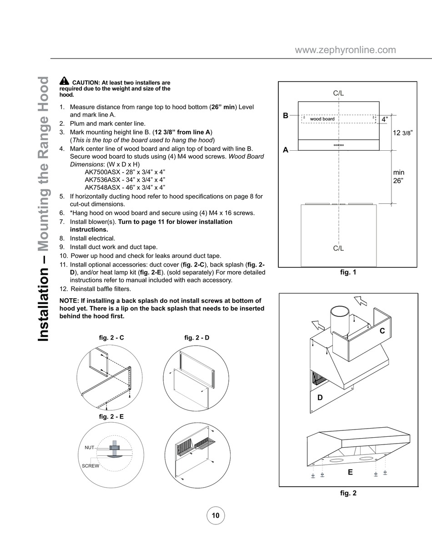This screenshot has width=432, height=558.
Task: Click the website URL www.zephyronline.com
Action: click(x=345, y=50)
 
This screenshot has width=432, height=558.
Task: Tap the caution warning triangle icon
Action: click(x=64, y=81)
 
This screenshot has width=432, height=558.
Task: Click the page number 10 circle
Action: click(x=216, y=515)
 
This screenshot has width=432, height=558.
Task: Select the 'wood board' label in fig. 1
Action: click(x=322, y=119)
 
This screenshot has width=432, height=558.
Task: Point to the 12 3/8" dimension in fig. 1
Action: click(x=402, y=133)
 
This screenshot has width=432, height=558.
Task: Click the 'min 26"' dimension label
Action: click(x=399, y=176)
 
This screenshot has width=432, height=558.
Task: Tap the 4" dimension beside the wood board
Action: click(x=385, y=119)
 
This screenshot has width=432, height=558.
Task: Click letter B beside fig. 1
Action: click(x=286, y=115)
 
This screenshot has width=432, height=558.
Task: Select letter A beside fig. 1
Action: click(x=286, y=150)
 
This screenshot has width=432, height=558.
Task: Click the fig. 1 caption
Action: click(x=348, y=272)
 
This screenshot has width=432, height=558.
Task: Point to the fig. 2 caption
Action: click(x=348, y=493)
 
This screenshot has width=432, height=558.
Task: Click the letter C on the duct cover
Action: click(x=382, y=331)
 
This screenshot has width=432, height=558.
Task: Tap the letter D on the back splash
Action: click(x=320, y=397)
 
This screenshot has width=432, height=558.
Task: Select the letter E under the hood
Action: click(x=350, y=472)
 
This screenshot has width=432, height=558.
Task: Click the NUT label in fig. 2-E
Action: click(x=89, y=448)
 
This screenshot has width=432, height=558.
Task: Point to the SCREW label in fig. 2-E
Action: click(x=90, y=466)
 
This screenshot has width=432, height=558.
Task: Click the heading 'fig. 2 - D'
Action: click(x=196, y=338)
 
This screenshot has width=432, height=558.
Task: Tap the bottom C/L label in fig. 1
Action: click(x=338, y=248)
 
